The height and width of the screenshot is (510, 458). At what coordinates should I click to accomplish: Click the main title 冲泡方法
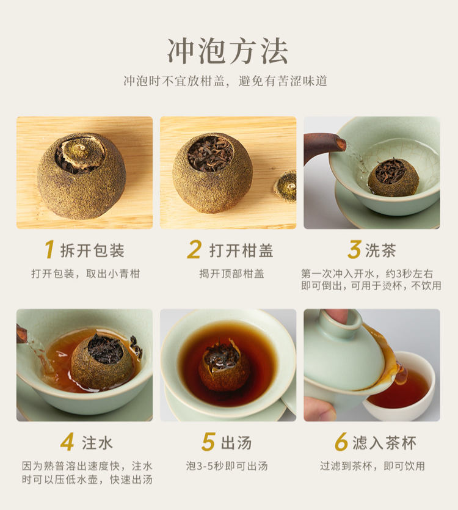click(228, 51)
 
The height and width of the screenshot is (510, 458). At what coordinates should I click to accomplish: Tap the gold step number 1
click(49, 250)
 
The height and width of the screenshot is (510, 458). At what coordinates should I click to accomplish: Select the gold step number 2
click(195, 250)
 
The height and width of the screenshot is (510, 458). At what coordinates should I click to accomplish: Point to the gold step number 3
click(354, 250)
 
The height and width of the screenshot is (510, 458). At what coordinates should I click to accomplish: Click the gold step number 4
click(67, 442)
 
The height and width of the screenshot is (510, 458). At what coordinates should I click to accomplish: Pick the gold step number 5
click(208, 442)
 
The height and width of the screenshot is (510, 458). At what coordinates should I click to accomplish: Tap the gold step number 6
click(341, 442)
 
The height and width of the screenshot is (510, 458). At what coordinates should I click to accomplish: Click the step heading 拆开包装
click(93, 251)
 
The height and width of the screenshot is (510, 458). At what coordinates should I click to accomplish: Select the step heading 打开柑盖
click(241, 251)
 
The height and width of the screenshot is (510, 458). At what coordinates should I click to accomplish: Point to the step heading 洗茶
click(380, 251)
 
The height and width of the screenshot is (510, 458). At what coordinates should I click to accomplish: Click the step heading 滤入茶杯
click(385, 443)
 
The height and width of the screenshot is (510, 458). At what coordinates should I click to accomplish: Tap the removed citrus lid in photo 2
click(285, 186)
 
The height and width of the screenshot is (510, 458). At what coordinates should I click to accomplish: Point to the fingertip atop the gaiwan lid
click(337, 315)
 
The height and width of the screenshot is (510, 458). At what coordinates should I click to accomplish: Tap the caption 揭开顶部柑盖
click(231, 274)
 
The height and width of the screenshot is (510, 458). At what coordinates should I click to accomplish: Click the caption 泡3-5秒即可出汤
click(227, 466)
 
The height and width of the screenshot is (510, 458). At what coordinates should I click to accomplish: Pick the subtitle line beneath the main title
click(225, 81)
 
